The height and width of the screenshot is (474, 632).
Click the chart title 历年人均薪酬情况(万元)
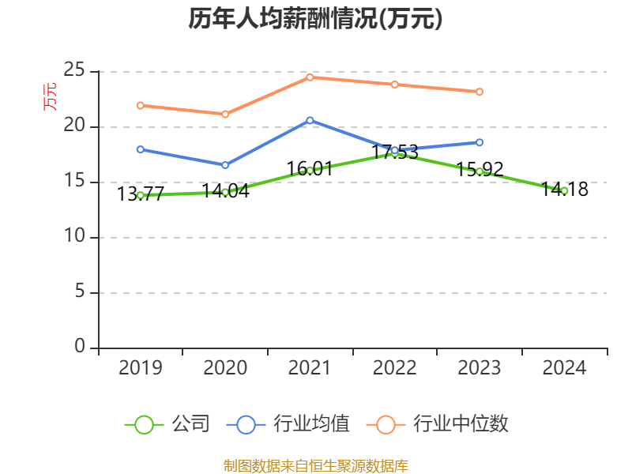[315, 19]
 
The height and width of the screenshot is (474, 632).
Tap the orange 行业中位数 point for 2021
[310, 77]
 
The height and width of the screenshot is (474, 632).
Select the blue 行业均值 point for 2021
[310, 120]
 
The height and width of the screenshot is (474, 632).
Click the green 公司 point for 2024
[564, 190]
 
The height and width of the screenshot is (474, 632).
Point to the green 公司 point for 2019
[141, 195]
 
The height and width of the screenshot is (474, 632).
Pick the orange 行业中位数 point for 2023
[480, 92]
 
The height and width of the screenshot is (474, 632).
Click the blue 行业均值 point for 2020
[225, 165]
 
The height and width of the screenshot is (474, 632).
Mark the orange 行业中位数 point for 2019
[141, 105]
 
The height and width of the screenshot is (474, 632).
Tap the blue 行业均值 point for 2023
[480, 142]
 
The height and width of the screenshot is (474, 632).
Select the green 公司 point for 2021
[310, 170]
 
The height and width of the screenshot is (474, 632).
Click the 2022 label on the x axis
[394, 368]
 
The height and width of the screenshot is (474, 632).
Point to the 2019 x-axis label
[141, 368]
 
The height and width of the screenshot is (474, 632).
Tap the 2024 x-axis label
[564, 368]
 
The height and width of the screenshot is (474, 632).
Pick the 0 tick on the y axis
[80, 347]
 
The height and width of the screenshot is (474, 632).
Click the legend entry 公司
[167, 424]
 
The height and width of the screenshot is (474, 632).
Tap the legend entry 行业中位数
[438, 424]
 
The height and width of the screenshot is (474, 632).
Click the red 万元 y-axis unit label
[50, 96]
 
